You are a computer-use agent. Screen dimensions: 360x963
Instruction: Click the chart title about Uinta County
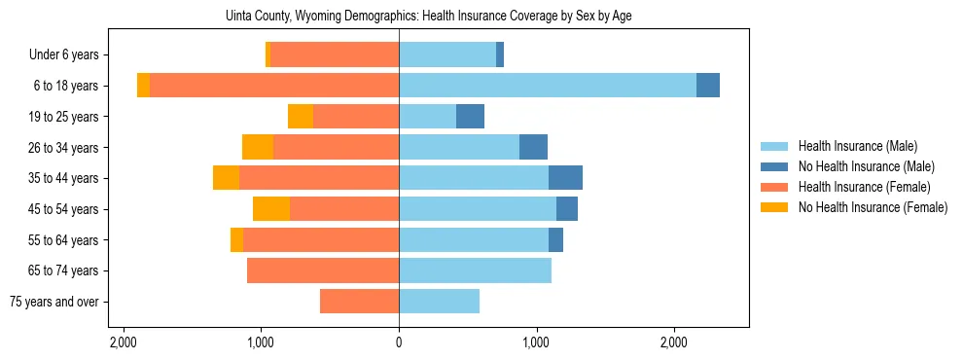point(429,17)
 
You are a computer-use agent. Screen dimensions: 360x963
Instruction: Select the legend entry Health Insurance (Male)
point(857,146)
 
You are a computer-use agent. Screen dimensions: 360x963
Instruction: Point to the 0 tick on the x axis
point(399,343)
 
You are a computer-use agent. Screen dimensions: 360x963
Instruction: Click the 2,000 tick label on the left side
point(124,343)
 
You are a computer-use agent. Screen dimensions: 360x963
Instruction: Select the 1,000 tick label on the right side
point(537,343)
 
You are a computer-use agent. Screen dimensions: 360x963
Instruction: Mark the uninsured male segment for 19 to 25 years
point(470,117)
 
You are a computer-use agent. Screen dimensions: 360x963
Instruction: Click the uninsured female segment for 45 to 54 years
point(271,209)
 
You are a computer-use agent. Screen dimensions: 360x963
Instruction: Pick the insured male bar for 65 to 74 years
point(475,270)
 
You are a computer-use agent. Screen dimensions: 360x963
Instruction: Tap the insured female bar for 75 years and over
point(359,302)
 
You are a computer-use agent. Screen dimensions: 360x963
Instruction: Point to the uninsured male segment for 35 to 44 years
point(565,178)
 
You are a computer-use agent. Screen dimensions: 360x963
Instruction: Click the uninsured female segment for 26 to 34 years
point(258,147)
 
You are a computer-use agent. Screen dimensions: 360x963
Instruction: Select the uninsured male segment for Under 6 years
point(500,55)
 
